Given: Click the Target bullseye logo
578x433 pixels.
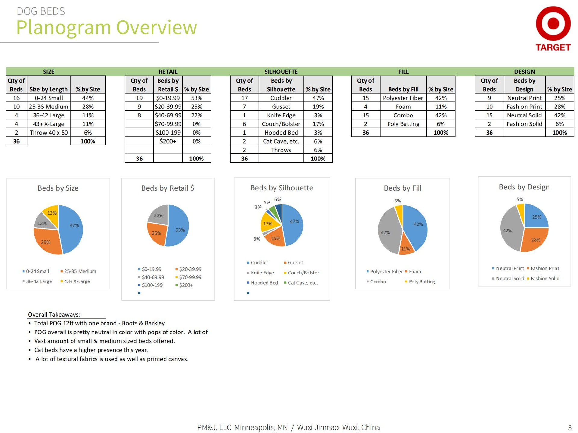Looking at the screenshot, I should tap(553, 23).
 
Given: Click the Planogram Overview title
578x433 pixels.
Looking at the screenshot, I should tap(107, 28).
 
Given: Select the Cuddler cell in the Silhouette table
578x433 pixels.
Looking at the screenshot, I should tap(281, 98).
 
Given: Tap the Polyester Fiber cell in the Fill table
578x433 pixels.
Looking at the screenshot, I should tap(403, 98).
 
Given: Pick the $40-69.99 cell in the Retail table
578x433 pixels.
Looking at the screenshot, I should tap(168, 115).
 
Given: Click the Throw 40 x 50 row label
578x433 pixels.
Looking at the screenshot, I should tap(48, 133).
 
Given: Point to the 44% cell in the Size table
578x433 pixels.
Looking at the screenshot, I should tap(88, 98).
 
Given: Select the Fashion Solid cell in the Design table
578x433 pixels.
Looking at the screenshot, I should tap(524, 124).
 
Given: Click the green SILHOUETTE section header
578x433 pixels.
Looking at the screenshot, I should tap(281, 72).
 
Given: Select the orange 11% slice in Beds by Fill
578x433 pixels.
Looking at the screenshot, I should tap(406, 247).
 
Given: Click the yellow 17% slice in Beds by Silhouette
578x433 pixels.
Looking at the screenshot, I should tap(269, 223).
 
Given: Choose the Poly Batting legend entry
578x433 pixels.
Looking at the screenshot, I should tap(421, 282).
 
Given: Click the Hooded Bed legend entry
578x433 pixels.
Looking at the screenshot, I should tap(264, 283).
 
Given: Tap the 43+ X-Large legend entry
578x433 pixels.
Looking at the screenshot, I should tap(77, 281).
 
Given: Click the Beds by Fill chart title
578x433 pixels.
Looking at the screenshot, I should tap(402, 188).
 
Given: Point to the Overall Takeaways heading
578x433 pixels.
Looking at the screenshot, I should tap(54, 315).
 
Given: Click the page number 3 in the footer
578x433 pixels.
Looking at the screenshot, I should tap(570, 428).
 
